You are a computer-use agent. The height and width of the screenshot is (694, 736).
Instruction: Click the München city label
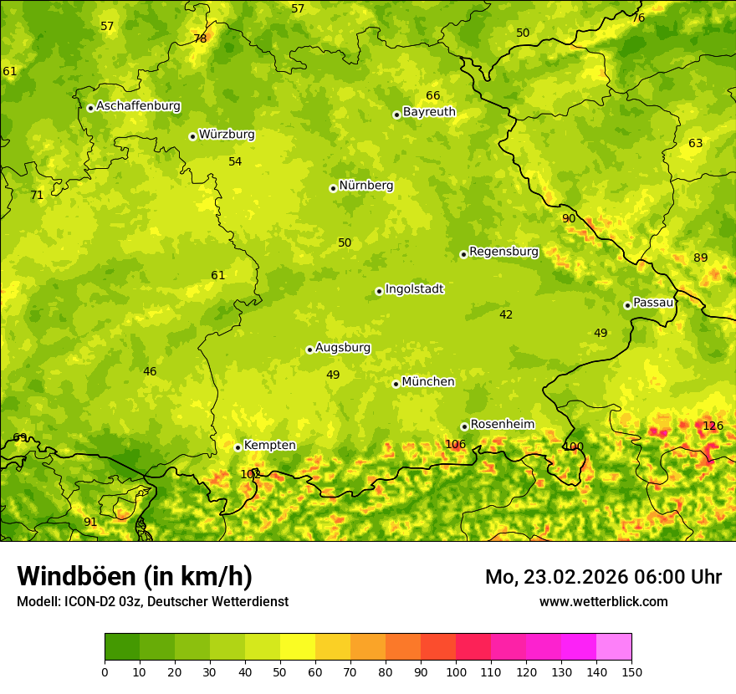[x=427, y=382]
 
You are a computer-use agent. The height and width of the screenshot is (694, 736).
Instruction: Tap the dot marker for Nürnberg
[x=333, y=188]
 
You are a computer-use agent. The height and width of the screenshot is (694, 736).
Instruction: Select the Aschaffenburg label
[x=138, y=106]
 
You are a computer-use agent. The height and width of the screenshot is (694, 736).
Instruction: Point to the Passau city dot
[x=627, y=305]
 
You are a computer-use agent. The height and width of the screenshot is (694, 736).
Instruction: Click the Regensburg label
[x=503, y=252]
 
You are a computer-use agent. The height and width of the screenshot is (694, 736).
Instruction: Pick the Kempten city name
[x=269, y=446]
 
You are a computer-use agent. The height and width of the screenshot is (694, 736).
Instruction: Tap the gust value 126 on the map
[x=713, y=426]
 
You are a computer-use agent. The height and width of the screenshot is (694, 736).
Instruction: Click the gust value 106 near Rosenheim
[x=455, y=445]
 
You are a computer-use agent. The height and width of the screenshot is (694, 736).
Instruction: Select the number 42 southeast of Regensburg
[x=506, y=315]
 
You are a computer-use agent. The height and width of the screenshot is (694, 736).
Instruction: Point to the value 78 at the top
[x=200, y=39]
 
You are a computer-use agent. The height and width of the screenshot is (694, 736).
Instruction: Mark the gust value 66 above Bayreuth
[x=432, y=96]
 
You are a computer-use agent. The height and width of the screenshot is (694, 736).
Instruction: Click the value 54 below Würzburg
[x=235, y=162]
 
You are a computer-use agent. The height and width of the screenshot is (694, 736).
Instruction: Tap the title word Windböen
[x=77, y=577]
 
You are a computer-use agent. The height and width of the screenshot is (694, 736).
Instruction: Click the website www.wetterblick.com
[x=603, y=602]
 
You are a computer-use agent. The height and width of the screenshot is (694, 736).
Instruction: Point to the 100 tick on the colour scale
[x=456, y=672]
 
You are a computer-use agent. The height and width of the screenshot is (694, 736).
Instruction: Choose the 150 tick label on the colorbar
[x=631, y=672]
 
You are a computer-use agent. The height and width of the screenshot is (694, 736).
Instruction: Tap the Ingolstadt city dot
[x=379, y=291]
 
